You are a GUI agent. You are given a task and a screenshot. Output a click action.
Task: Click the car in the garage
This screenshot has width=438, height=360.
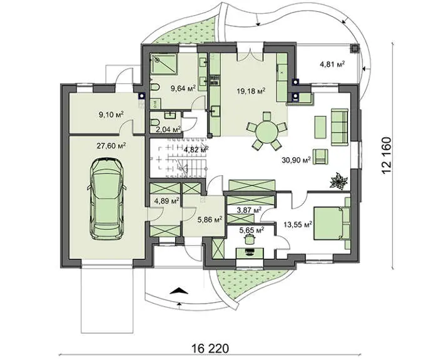[106, 199]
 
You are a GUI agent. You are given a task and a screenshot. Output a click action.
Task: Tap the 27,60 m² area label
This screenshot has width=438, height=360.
[111, 146]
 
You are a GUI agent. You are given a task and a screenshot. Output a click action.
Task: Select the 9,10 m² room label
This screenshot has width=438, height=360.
[111, 115]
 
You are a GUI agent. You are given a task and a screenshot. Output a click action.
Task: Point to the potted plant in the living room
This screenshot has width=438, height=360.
[339, 181]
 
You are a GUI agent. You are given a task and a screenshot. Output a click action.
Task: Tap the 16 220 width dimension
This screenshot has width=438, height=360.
[210, 349]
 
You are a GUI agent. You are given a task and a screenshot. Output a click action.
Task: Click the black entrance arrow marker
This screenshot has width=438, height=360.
[179, 291]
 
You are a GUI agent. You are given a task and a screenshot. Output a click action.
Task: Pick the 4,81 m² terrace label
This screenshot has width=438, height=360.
[332, 64]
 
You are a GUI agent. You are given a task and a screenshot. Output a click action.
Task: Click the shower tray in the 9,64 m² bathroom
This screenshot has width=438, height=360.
[164, 64]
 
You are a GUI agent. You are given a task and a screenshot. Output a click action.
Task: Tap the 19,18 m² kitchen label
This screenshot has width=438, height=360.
[251, 91]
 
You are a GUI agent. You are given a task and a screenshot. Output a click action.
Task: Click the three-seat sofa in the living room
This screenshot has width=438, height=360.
[340, 127]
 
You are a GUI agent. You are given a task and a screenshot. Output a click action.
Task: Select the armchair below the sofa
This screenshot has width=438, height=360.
[320, 157]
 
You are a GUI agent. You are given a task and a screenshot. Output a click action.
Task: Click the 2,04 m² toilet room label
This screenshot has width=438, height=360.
[168, 129]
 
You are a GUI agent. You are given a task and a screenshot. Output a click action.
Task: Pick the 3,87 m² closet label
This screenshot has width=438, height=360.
[249, 210]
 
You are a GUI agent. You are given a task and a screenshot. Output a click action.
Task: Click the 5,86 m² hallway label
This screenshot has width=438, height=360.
[210, 220]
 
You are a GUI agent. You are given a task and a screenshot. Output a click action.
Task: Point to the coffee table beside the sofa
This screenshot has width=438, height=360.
[320, 127]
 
